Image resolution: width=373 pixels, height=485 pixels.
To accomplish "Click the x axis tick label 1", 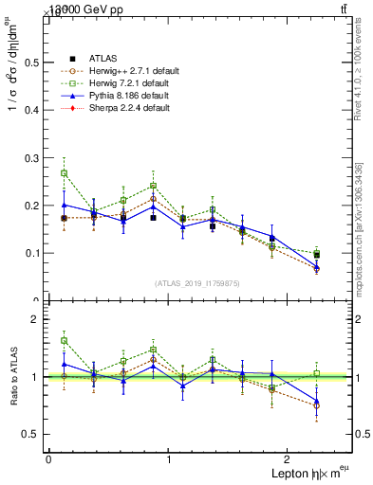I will [170, 459].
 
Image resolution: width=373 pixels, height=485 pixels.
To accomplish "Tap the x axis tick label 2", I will [289, 459].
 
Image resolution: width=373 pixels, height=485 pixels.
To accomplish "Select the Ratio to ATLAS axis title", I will [12, 377].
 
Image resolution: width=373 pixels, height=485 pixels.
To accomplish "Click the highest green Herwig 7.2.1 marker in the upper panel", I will [64, 173].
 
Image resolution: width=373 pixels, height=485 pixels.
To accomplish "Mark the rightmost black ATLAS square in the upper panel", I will [317, 255].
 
